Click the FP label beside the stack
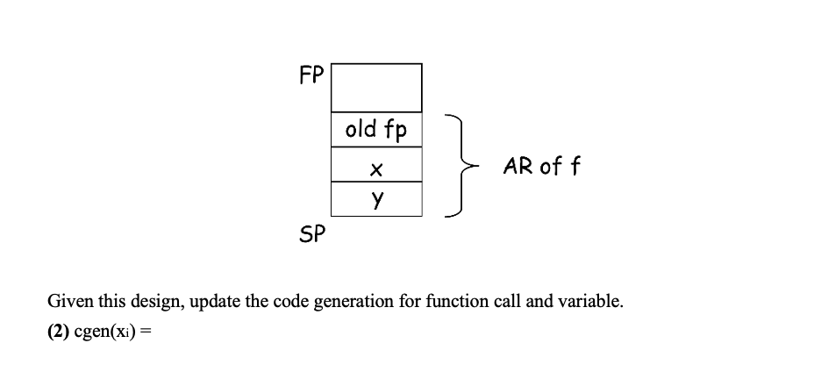(311, 75)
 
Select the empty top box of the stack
(376, 87)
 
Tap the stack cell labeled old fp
(376, 130)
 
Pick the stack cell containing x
(376, 165)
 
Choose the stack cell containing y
(376, 198)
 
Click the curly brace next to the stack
(465, 165)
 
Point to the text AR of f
(540, 165)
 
